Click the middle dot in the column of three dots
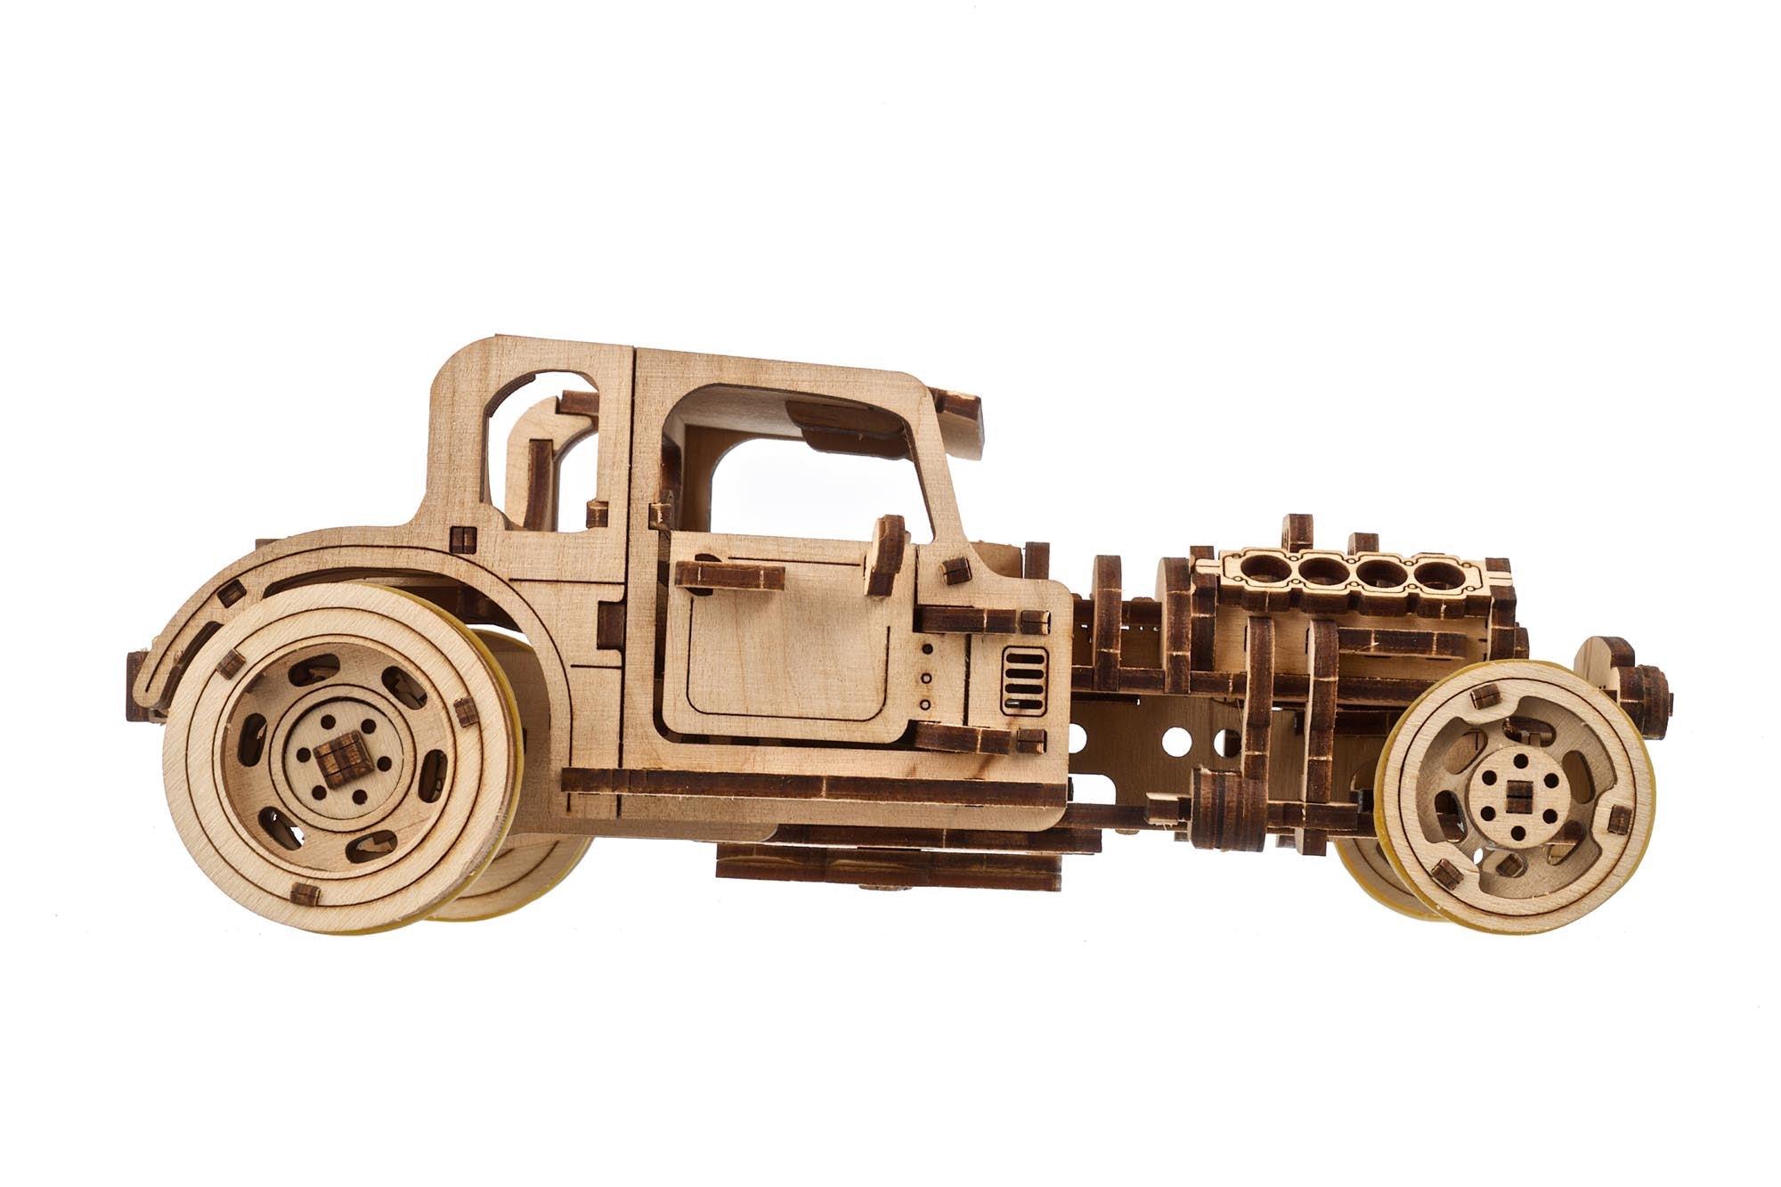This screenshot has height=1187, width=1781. pyautogui.click(x=926, y=677)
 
